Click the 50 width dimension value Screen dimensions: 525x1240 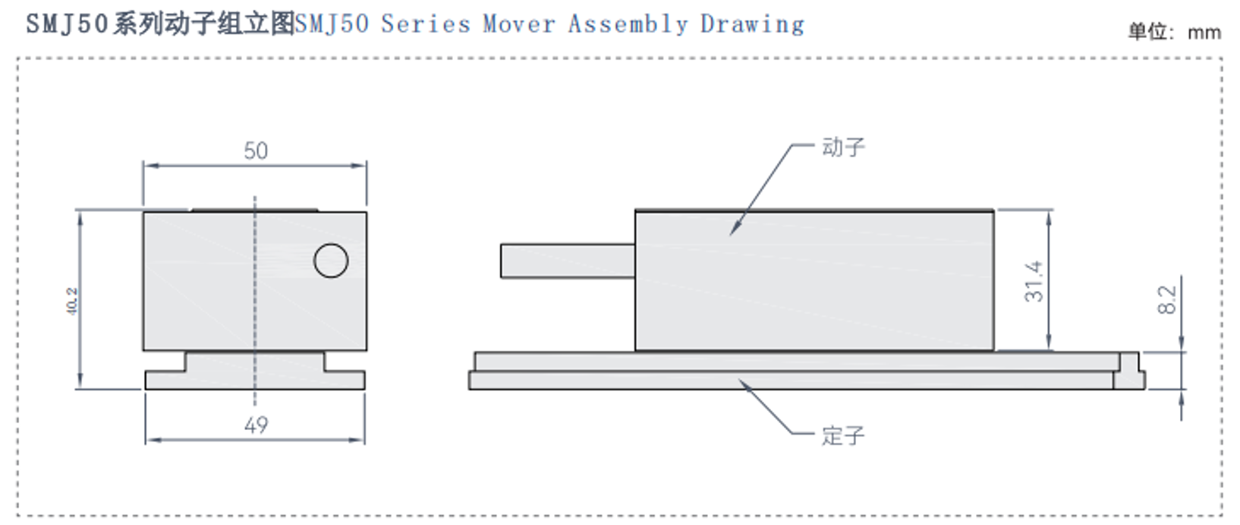point(256,150)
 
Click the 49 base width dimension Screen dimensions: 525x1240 point(256,425)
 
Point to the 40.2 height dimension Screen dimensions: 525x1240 point(72,301)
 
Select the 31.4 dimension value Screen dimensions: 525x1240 point(1034,281)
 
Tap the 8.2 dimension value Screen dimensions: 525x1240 point(1167,299)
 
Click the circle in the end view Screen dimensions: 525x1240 point(331,261)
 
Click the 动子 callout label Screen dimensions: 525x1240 point(843,147)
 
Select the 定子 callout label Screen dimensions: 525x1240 point(842,436)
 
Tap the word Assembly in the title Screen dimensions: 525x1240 point(628,24)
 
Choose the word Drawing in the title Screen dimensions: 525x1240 point(751,24)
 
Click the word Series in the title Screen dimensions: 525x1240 point(425,24)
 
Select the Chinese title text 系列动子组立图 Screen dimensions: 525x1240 point(203,24)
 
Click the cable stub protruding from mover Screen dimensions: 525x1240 point(567,261)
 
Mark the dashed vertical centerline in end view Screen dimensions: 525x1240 point(255,304)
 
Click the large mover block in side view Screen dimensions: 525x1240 point(814,281)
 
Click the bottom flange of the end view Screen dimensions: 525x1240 point(255,380)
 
